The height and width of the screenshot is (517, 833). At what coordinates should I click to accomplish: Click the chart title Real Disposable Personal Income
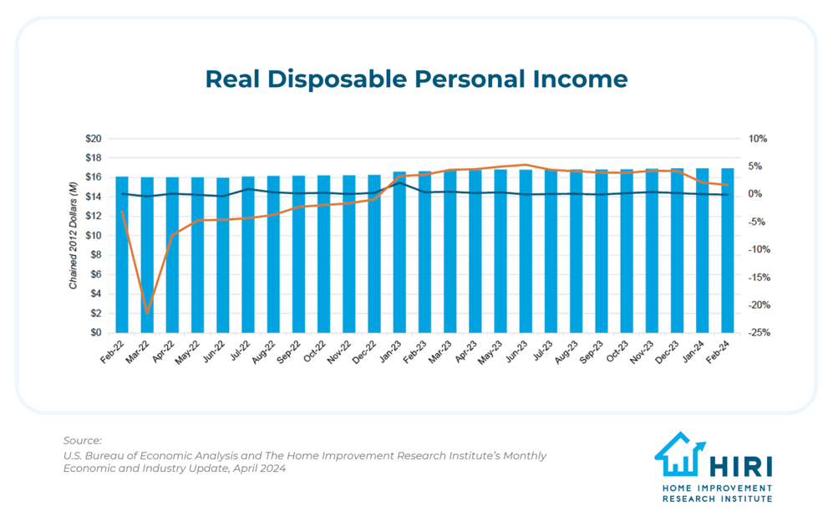[416, 79]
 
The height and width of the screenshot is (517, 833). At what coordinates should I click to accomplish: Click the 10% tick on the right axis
[757, 139]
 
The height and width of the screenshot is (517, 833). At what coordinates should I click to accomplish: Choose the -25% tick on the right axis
[759, 333]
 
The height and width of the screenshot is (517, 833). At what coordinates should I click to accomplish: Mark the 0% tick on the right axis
[757, 194]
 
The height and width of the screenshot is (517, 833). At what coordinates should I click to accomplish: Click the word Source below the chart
[82, 440]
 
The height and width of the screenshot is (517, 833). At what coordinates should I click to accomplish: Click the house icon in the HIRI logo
[679, 454]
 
